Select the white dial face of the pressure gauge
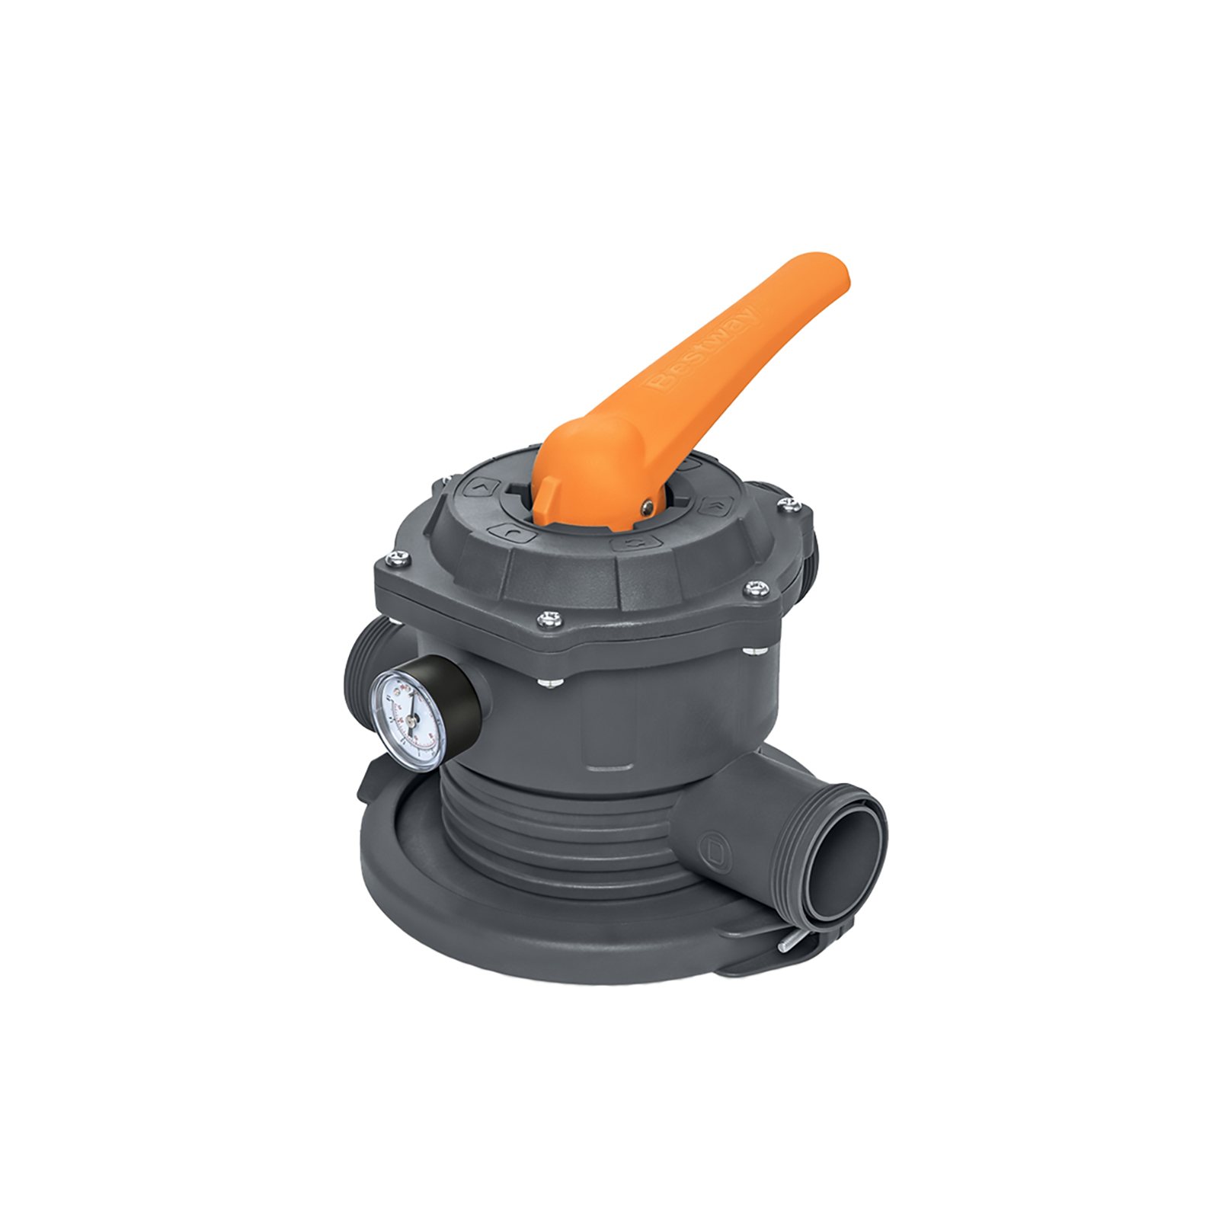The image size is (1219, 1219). coord(408,715)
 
